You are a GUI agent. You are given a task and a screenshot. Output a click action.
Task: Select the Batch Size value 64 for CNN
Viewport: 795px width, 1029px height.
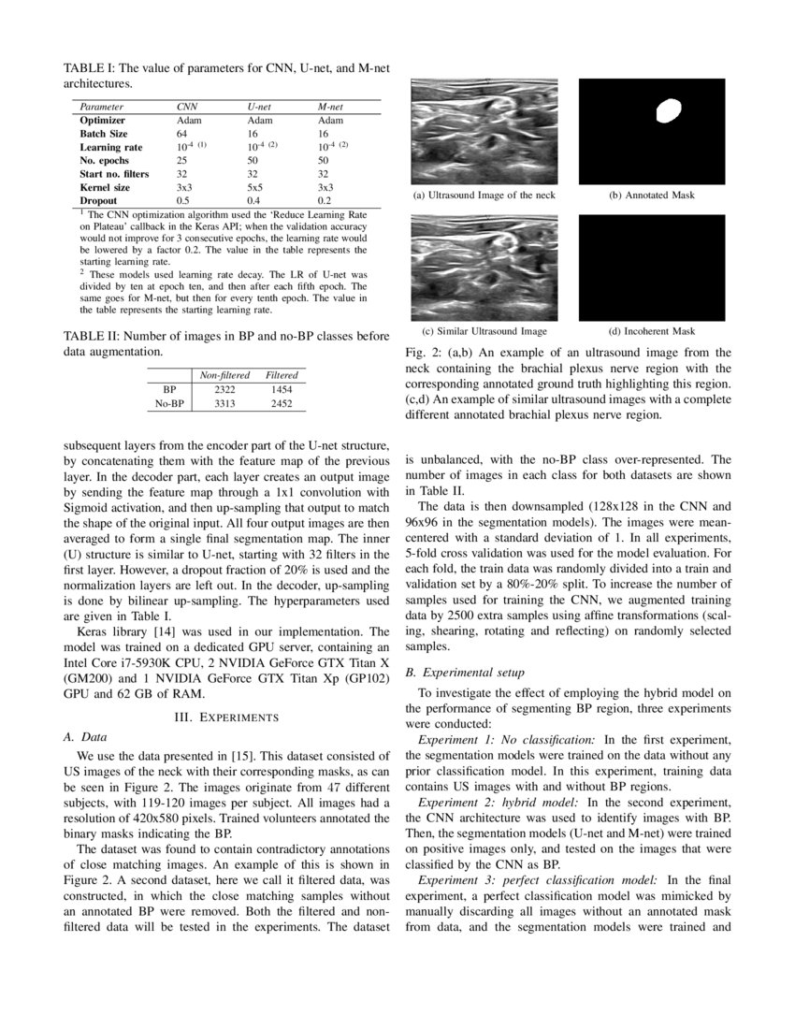182,134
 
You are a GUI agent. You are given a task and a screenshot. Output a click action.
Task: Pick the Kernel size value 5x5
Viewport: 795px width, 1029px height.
255,188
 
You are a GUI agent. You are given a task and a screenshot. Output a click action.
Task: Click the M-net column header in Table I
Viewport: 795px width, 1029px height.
331,108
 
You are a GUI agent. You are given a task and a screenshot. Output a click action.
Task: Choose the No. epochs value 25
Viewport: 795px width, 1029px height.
182,161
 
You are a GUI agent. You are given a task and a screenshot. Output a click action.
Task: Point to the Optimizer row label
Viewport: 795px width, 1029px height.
102,121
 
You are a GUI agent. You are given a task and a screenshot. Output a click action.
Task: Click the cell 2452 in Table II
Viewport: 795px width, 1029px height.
282,403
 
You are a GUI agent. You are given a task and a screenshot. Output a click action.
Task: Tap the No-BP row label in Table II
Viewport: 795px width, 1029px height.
169,403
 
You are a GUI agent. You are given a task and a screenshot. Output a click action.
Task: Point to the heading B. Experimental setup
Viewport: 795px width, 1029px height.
465,672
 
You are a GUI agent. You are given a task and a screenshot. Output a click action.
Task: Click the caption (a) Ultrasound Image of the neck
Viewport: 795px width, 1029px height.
484,196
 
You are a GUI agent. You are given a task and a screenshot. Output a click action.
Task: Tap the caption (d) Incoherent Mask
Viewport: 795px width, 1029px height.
652,331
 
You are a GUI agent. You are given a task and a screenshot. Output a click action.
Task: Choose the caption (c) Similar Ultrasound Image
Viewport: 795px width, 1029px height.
484,331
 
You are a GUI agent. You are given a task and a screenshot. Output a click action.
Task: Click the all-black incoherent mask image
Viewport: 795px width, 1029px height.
652,268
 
